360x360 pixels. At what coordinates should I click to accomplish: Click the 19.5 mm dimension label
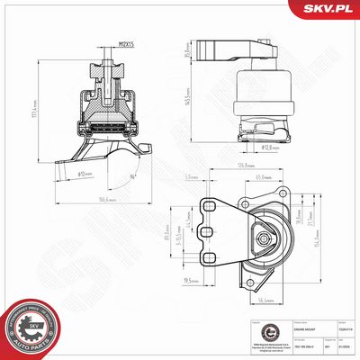[190, 281]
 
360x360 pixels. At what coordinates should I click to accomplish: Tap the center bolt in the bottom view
[264, 239]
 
